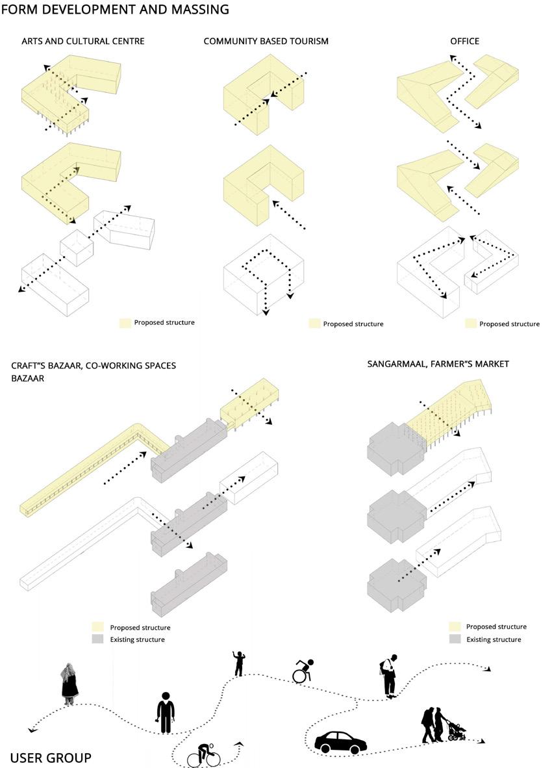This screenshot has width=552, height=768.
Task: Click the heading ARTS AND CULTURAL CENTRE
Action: (82, 41)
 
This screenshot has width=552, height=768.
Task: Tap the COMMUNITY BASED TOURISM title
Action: (266, 41)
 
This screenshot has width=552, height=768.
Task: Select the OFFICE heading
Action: (464, 41)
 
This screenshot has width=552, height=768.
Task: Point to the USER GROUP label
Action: (51, 757)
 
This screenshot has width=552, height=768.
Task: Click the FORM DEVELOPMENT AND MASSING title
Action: (115, 10)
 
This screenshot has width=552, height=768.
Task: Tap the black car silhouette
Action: (340, 742)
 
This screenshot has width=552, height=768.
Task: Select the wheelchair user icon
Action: (302, 671)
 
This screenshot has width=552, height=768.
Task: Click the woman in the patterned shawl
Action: (69, 684)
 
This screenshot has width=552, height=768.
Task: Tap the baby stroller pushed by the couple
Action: (457, 730)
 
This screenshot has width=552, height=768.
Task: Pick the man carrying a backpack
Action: (388, 676)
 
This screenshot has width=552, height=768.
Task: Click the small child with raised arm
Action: (238, 663)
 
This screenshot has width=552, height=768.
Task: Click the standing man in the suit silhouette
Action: (166, 713)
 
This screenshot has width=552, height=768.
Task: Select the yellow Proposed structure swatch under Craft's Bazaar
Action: (97, 627)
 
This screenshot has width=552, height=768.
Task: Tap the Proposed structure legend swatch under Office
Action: (471, 324)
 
